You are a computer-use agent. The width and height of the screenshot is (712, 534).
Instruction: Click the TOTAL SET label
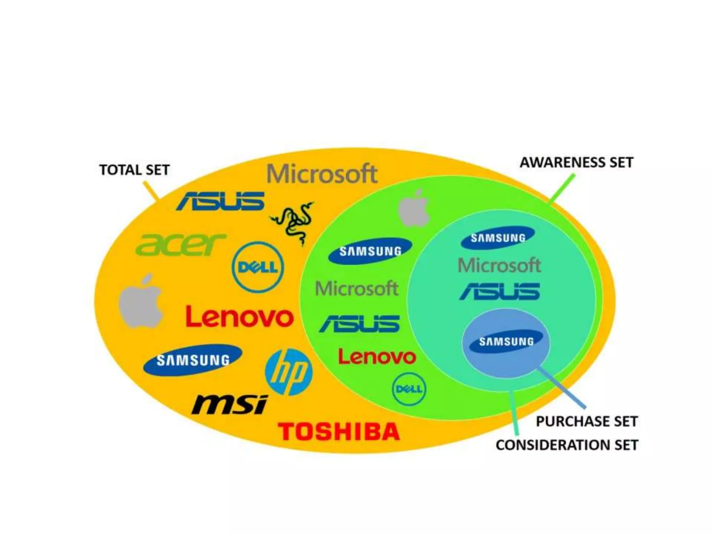click(x=134, y=170)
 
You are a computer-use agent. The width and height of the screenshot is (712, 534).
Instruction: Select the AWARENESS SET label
click(x=576, y=163)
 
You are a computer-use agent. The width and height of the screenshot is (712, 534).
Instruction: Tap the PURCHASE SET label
click(x=586, y=421)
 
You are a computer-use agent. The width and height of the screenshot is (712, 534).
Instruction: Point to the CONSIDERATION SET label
click(x=567, y=445)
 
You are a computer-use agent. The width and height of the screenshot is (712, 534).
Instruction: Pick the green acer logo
click(x=180, y=244)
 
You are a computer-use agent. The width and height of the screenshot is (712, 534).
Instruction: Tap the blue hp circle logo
click(x=289, y=372)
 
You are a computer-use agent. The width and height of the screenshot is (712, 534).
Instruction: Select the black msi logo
click(x=229, y=405)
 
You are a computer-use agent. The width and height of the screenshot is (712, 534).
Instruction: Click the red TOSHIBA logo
click(x=339, y=431)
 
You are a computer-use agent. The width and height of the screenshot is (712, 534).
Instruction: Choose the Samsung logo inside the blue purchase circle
click(x=506, y=341)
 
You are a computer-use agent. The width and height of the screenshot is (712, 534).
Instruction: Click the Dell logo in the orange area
click(x=258, y=267)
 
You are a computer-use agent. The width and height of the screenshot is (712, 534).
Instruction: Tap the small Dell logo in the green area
click(x=409, y=389)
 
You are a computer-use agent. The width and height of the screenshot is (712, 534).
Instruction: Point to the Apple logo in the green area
click(x=414, y=209)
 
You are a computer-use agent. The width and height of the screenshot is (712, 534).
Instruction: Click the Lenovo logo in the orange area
click(x=240, y=317)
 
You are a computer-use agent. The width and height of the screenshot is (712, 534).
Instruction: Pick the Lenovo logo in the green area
click(x=377, y=357)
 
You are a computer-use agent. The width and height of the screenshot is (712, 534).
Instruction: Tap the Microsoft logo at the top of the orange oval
click(x=322, y=174)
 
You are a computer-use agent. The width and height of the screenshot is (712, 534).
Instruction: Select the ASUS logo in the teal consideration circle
click(x=500, y=291)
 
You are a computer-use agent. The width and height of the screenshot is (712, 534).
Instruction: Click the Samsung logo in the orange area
click(x=193, y=360)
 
